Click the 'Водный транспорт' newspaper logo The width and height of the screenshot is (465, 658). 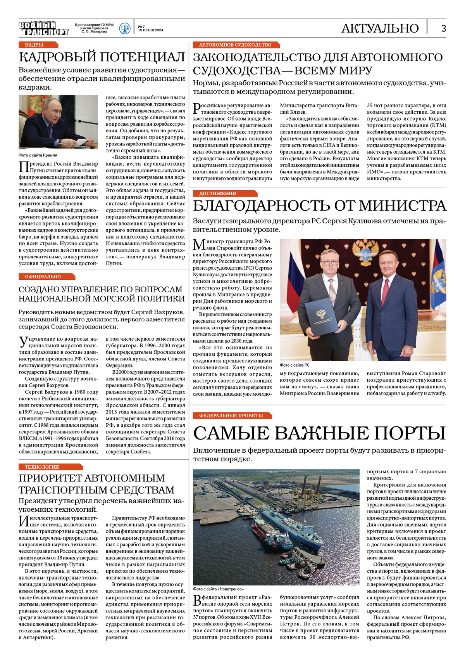[43, 29]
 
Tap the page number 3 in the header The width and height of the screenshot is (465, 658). [443, 28]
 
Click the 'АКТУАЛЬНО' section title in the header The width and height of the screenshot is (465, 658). [380, 28]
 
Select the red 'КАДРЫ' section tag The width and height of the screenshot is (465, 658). [34, 45]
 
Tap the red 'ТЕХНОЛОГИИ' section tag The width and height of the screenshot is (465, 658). [42, 467]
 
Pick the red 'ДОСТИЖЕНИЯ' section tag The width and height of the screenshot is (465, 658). [218, 193]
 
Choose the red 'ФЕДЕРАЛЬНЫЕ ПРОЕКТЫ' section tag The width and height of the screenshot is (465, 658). [231, 416]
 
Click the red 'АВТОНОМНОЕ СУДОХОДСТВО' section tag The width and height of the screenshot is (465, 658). [235, 45]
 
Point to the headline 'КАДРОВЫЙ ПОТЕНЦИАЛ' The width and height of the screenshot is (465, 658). [102, 57]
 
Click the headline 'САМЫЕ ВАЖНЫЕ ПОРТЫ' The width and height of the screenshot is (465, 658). [319, 433]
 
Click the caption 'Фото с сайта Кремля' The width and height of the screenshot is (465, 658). [38, 155]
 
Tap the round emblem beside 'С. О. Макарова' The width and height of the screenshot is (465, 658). [125, 28]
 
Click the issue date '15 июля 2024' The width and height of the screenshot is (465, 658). [151, 30]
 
